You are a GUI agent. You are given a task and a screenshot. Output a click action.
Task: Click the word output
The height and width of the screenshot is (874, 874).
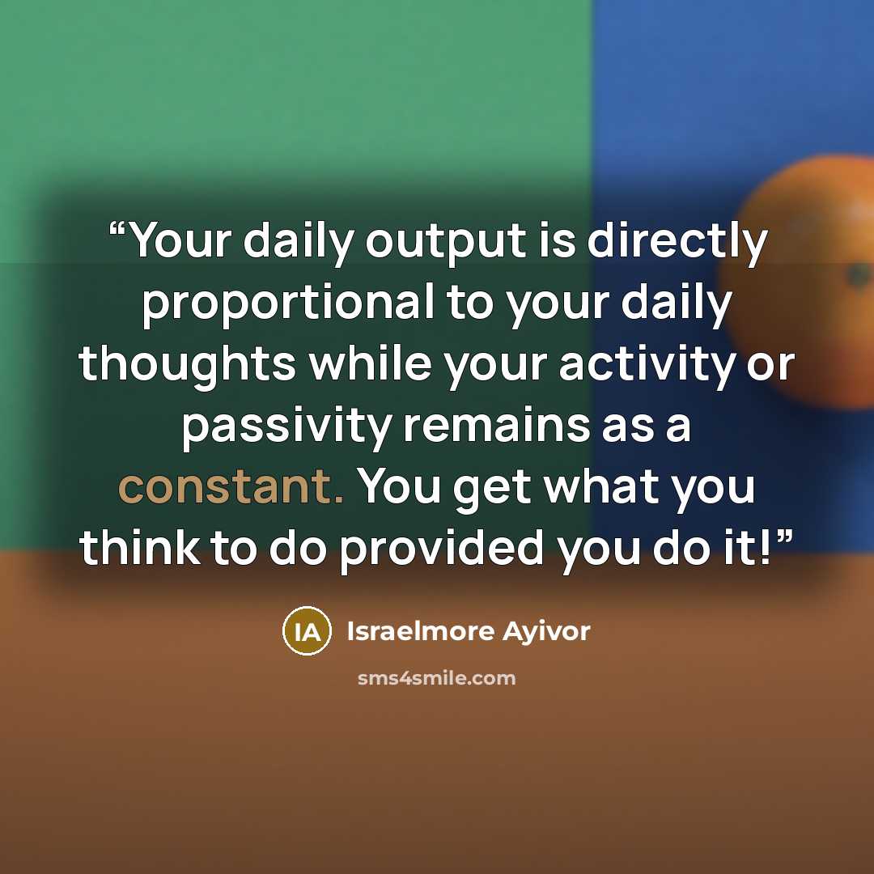(445, 243)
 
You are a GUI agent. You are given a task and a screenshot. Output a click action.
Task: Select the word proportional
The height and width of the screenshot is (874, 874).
(288, 303)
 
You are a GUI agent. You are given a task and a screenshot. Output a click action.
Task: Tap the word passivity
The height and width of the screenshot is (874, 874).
(286, 426)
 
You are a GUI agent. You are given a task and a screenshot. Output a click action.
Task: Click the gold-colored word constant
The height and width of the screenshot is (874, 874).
(231, 487)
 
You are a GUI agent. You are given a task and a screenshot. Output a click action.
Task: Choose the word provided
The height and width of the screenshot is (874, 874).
(442, 549)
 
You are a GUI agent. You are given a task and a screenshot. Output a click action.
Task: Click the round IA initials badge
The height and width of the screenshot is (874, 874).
(308, 631)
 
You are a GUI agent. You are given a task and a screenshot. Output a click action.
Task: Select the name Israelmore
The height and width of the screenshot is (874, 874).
(420, 631)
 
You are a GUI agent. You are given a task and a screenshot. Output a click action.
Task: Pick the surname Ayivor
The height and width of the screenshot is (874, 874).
(546, 633)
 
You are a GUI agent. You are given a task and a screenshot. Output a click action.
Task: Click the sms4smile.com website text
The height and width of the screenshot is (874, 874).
(436, 678)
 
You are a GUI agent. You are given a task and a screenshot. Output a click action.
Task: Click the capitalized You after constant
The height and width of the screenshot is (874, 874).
(399, 486)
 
